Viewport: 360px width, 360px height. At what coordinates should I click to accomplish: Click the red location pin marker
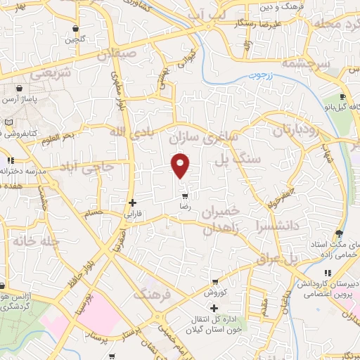pyautogui.click(x=181, y=165)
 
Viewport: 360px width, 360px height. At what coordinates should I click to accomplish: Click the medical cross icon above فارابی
pyautogui.click(x=133, y=202)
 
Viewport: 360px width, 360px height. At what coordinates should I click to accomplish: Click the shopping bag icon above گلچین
pyautogui.click(x=74, y=29)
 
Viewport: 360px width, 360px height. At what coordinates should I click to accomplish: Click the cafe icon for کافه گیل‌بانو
pyautogui.click(x=342, y=97)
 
